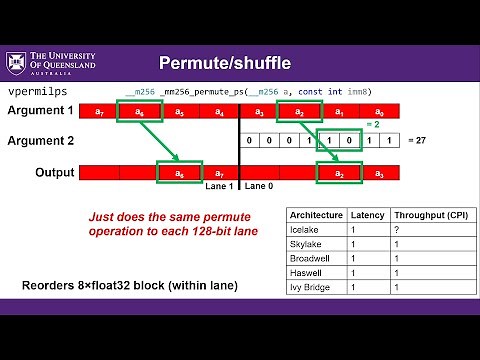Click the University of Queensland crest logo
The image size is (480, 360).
tap(17, 64)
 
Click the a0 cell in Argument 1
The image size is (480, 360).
tap(379, 111)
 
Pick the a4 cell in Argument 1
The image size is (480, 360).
tap(218, 111)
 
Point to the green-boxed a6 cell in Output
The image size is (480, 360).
tap(180, 174)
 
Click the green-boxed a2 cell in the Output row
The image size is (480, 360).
tap(340, 174)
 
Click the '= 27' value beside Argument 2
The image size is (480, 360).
tap(418, 142)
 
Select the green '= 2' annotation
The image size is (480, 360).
tap(371, 125)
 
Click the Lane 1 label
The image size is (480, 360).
tap(220, 187)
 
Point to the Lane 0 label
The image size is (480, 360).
tap(259, 187)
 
